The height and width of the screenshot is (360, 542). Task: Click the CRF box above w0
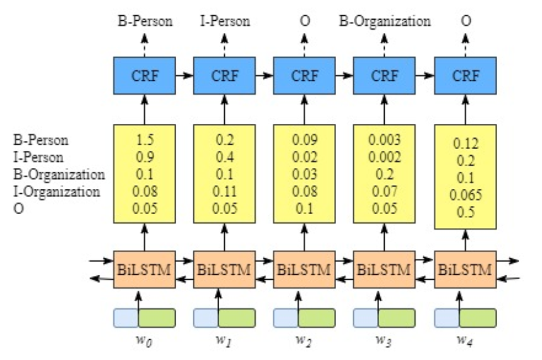pos(145,76)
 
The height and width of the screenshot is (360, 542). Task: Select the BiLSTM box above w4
pos(466,270)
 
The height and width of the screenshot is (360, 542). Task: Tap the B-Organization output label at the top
pos(385,21)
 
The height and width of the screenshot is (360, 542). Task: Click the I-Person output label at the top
pos(225,21)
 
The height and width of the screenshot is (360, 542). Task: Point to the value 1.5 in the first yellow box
pos(145,140)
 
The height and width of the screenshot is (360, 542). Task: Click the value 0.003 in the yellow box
pos(384,140)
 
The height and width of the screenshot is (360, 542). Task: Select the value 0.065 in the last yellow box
pos(466,195)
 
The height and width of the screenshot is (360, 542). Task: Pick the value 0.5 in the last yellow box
pos(466,212)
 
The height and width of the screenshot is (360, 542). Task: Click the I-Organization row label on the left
pos(57,191)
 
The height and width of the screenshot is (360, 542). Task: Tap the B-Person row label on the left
pos(41,140)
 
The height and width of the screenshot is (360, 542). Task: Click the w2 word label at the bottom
pos(304,340)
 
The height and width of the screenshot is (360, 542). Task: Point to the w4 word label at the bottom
pos(465,340)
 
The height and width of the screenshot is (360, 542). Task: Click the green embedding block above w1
pos(237,318)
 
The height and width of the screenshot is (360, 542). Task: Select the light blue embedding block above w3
pos(366,318)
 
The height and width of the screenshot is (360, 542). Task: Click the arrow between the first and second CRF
pos(184,75)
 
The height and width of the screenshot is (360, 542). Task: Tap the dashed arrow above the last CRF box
pos(466,45)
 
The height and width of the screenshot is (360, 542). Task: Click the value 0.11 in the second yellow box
pos(225,191)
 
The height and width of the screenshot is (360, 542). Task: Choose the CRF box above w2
pos(304,76)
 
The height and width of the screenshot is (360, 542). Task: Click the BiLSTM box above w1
pos(224,270)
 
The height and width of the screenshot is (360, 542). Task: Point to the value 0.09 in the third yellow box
pos(304,140)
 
